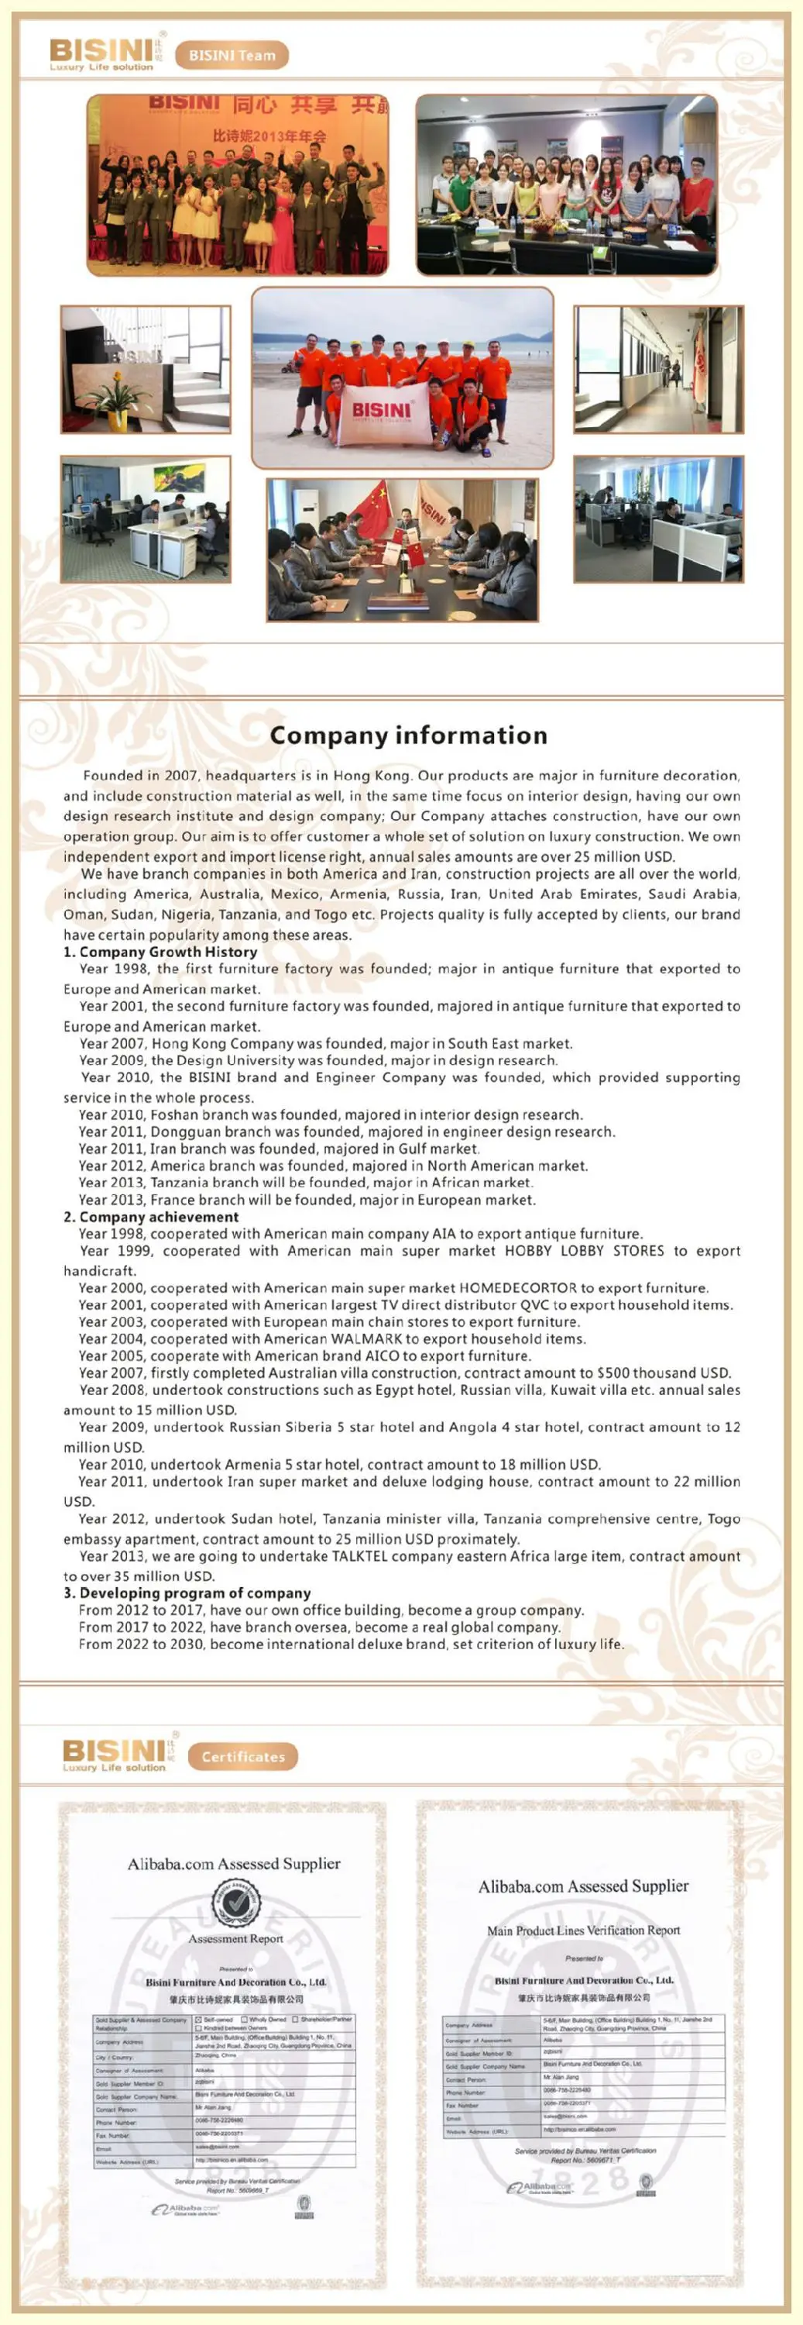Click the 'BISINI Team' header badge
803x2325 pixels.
pos(232,55)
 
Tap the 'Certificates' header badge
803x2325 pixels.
pos(242,1755)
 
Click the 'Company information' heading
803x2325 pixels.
pos(408,735)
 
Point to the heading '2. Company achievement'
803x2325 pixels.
pos(151,1216)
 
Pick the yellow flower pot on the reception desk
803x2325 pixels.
pos(117,418)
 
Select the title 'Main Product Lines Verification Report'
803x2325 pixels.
pos(583,1930)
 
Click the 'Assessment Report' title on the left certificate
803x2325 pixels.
pos(235,1937)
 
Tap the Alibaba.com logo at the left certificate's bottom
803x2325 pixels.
pos(185,2209)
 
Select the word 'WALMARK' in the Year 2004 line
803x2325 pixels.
pos(366,1338)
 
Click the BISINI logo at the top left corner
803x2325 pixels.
pos(101,53)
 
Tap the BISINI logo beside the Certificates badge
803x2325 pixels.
pos(115,1754)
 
